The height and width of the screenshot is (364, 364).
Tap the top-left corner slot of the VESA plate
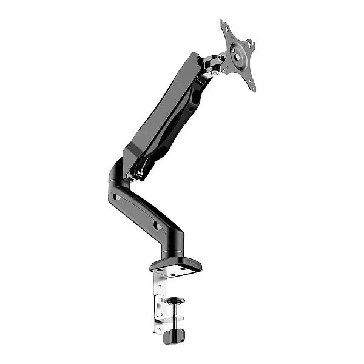click(225, 27)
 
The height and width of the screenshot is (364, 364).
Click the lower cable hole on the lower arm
click(157, 225)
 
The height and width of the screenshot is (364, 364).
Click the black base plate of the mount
click(176, 265)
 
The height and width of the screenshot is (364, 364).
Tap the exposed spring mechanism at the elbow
click(139, 169)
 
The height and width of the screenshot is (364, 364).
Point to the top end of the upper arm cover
click(194, 59)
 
